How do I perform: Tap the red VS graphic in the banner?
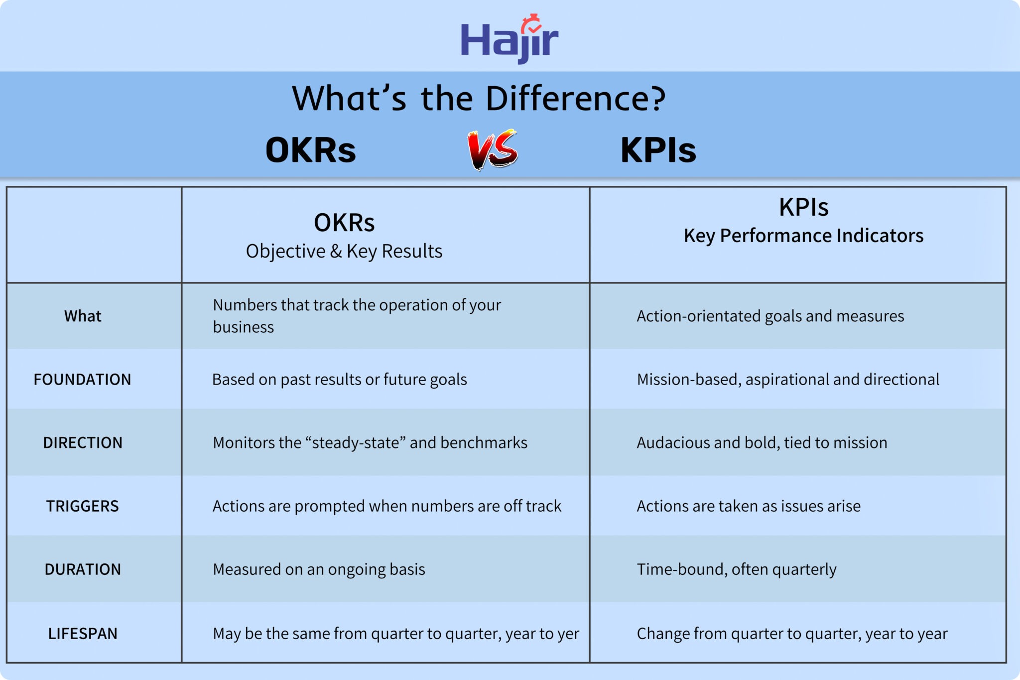tap(493, 149)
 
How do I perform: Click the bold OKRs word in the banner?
tap(311, 150)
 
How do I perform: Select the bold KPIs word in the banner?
tap(658, 150)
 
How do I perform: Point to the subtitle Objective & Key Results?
tap(344, 251)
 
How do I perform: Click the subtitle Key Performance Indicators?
tap(803, 236)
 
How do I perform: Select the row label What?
tap(83, 316)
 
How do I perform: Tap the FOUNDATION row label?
tap(82, 380)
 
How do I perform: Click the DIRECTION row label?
tap(83, 443)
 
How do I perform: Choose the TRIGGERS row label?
tap(83, 506)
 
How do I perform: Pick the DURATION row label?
tap(83, 569)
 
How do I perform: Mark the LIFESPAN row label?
tap(83, 634)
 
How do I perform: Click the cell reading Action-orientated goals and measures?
tap(770, 316)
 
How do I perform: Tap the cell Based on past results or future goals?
tap(340, 380)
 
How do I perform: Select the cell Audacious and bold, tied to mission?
tap(762, 443)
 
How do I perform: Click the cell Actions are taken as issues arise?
tap(749, 506)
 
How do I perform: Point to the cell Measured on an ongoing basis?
tap(319, 569)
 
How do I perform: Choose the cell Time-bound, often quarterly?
tap(737, 569)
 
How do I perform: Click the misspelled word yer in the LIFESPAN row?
tap(568, 634)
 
